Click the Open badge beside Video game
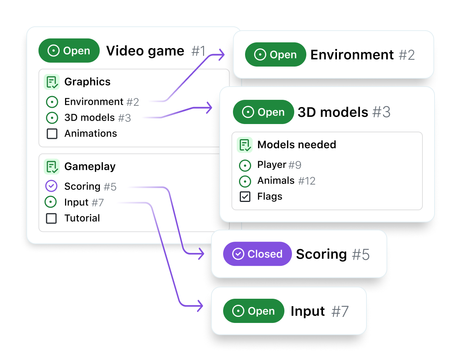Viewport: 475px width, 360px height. coord(69,51)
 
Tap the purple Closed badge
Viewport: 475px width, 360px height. coord(257,254)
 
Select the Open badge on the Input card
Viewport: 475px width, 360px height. coord(253,311)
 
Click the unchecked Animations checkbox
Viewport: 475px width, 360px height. coord(52,133)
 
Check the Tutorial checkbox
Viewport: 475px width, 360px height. coord(51,218)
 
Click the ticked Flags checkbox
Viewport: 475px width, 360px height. coord(245,197)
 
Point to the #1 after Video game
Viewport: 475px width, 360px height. coord(198,51)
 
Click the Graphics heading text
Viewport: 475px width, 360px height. coord(87,82)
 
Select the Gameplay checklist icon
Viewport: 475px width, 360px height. coord(51,166)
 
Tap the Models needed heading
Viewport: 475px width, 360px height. coord(296,144)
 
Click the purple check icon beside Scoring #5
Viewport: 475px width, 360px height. coord(51,186)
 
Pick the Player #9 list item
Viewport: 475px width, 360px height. coord(279,165)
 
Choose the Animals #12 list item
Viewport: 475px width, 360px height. coord(286,181)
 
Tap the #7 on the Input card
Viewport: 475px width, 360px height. coord(340,311)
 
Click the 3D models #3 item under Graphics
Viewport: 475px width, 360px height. coord(97,118)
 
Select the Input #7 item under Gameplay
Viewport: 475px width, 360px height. coord(84,202)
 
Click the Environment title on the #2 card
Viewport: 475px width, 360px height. coord(352,55)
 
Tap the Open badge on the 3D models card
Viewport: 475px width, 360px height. coord(263,112)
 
